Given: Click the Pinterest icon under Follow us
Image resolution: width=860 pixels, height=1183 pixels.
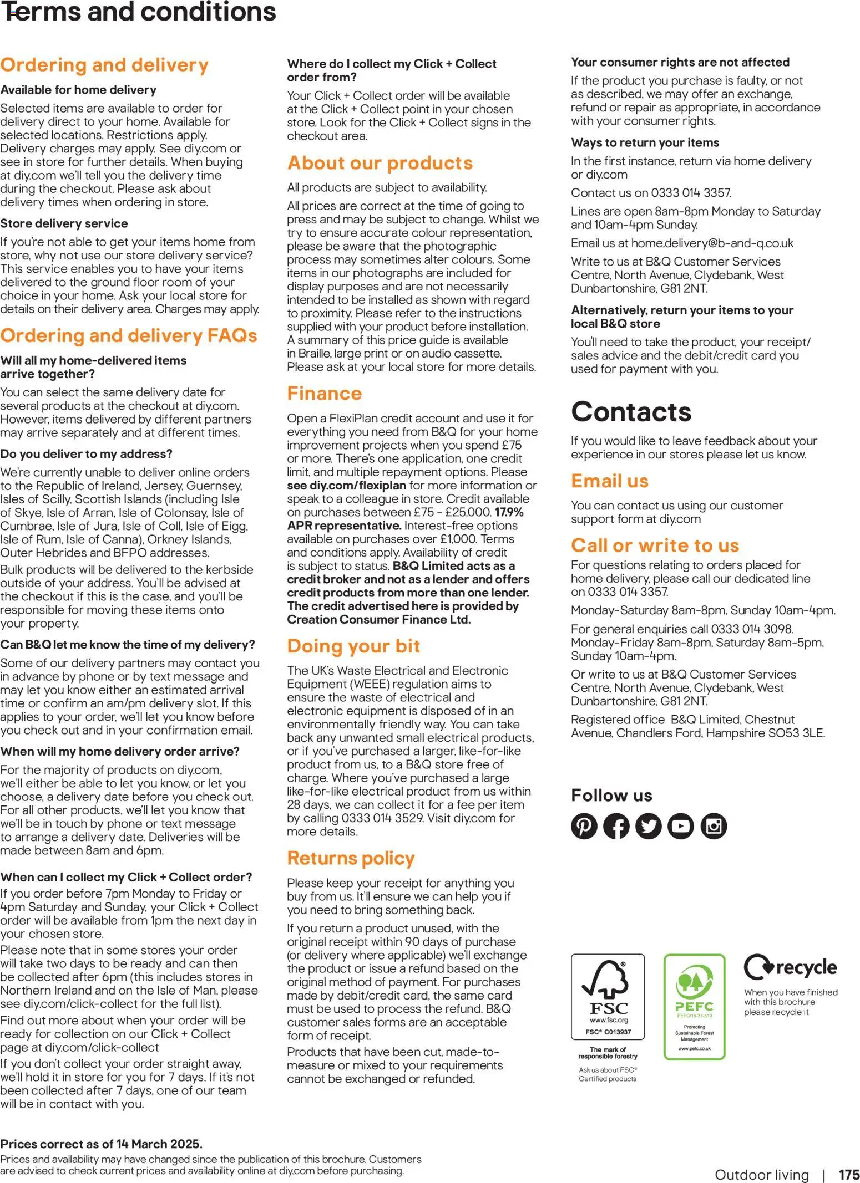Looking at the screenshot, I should coord(584,826).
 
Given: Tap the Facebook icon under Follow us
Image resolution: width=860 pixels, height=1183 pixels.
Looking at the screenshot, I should coord(616,826).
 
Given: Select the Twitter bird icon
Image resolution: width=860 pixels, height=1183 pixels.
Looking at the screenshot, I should coord(648,826).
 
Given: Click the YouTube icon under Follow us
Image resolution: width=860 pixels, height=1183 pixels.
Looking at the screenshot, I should coord(681,826).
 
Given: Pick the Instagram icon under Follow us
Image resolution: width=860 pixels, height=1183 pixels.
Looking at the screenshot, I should coord(714,826).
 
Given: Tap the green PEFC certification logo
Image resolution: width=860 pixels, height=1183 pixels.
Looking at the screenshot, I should coord(694,1006).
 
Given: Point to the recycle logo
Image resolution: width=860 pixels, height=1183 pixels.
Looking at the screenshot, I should coord(790,967).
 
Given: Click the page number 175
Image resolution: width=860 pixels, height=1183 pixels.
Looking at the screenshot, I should coord(848,1175).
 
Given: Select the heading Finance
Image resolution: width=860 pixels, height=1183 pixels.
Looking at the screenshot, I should coord(324,393).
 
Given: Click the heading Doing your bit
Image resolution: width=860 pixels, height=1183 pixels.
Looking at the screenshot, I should coord(353,646).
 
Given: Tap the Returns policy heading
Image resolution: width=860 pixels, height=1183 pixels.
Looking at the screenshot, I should coord(351,858).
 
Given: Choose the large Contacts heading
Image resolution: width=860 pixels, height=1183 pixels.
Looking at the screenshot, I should coord(631,411).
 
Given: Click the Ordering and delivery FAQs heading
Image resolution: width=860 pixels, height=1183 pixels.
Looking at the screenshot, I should coord(129,335).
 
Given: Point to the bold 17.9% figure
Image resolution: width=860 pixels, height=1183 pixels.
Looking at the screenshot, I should coord(509,512).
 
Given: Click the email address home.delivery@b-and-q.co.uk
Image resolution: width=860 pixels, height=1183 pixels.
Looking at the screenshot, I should coord(712,243).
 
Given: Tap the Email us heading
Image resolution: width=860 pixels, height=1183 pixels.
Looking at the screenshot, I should coord(609,481).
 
